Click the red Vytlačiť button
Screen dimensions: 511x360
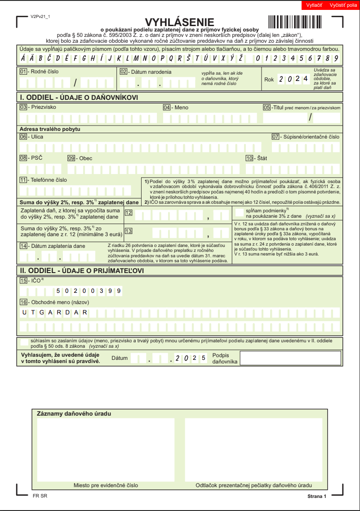coord(315,5)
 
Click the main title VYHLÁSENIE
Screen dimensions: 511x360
coord(179,22)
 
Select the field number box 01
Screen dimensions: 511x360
coord(23,72)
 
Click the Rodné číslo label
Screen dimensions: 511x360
coord(44,72)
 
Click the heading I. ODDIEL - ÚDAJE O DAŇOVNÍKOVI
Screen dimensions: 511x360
coord(78,97)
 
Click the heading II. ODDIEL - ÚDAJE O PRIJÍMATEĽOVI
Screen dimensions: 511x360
coord(81,270)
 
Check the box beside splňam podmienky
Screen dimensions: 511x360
coord(240,212)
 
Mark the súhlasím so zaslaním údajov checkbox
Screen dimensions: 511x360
coord(25,343)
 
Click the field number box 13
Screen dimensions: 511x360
coord(129,231)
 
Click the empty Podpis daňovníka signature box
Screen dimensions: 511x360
coord(290,358)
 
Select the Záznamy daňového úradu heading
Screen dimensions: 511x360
coord(73,413)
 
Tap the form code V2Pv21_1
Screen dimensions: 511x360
coord(40,16)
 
